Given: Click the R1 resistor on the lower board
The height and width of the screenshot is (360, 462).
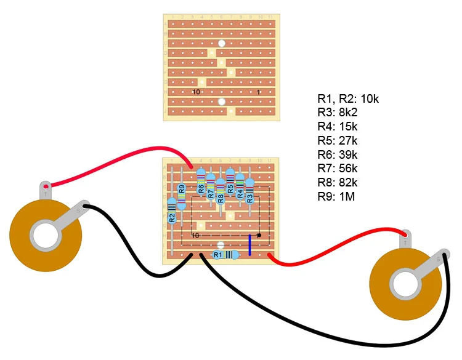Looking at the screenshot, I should [x=225, y=254].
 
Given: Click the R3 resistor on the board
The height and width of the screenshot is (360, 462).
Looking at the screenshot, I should [x=249, y=191].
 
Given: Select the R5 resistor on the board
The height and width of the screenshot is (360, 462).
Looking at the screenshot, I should [x=230, y=184].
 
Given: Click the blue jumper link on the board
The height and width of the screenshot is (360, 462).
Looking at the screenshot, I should [x=249, y=244].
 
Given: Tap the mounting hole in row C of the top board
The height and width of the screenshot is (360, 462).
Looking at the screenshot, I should [x=221, y=43].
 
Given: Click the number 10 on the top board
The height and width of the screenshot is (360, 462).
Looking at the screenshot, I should [x=196, y=92].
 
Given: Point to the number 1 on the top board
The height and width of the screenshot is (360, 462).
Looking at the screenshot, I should [x=259, y=92].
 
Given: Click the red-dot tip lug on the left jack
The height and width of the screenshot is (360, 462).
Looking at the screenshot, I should [x=46, y=185].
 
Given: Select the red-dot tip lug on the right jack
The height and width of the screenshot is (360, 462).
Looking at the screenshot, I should [x=405, y=235].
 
